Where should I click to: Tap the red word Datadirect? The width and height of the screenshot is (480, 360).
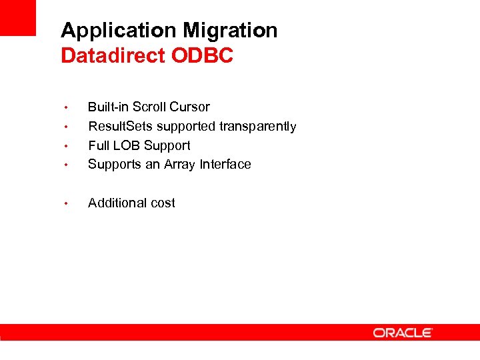[x=113, y=56]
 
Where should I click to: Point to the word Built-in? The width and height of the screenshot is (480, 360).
[x=109, y=107]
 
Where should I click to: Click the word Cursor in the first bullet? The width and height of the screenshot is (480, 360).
[x=190, y=107]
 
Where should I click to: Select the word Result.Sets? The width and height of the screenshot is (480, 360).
[x=121, y=127]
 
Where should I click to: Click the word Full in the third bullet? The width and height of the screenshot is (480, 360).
[x=98, y=145]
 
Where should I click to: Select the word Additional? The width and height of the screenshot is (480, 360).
[x=118, y=203]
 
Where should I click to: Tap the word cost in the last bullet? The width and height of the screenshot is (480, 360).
[x=163, y=203]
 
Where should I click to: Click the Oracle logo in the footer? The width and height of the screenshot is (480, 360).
[x=403, y=333]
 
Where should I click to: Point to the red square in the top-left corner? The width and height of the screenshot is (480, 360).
[x=18, y=17]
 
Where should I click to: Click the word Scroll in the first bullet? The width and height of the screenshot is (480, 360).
[x=150, y=107]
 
